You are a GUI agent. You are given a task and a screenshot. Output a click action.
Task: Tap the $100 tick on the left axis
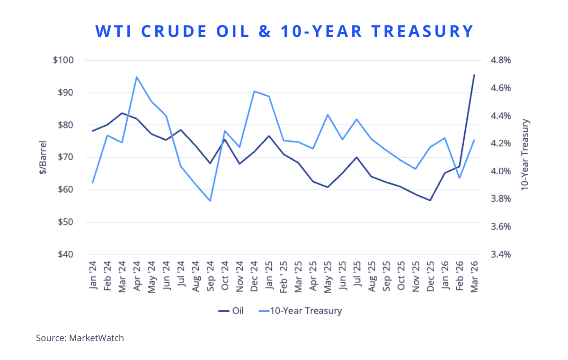[63, 61]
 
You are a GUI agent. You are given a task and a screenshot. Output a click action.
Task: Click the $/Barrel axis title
[43, 157]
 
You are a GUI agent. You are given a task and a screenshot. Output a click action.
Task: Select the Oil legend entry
[231, 311]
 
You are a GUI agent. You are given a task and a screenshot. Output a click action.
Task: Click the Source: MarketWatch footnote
[80, 338]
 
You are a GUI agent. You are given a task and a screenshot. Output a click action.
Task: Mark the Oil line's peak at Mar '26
[474, 75]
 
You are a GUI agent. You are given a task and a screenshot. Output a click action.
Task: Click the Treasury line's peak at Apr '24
[137, 77]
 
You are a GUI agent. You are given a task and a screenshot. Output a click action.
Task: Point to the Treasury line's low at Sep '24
[210, 201]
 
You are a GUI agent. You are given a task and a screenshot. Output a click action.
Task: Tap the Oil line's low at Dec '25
[430, 200]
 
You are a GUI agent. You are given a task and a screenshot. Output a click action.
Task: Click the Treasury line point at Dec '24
[254, 91]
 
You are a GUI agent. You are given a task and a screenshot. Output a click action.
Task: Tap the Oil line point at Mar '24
[122, 113]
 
